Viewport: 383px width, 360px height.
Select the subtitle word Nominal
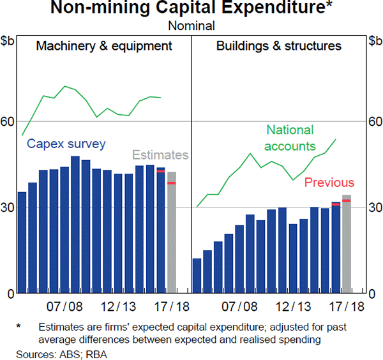pyautogui.click(x=191, y=26)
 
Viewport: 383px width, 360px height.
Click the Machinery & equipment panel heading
pyautogui.click(x=104, y=46)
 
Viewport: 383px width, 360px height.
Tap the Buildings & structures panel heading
pyautogui.click(x=278, y=46)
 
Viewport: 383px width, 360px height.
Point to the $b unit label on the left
pyautogui.click(x=8, y=41)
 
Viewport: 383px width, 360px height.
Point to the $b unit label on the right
pyautogui.click(x=375, y=41)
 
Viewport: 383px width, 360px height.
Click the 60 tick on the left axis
pyautogui.click(x=8, y=121)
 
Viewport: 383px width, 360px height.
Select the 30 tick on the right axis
pyautogui.click(x=375, y=207)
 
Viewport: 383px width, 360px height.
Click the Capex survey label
pyautogui.click(x=66, y=144)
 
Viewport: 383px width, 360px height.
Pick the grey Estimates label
pyautogui.click(x=160, y=155)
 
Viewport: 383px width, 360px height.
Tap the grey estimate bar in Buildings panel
pyautogui.click(x=347, y=244)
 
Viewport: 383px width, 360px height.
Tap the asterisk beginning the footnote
pyautogui.click(x=19, y=326)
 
